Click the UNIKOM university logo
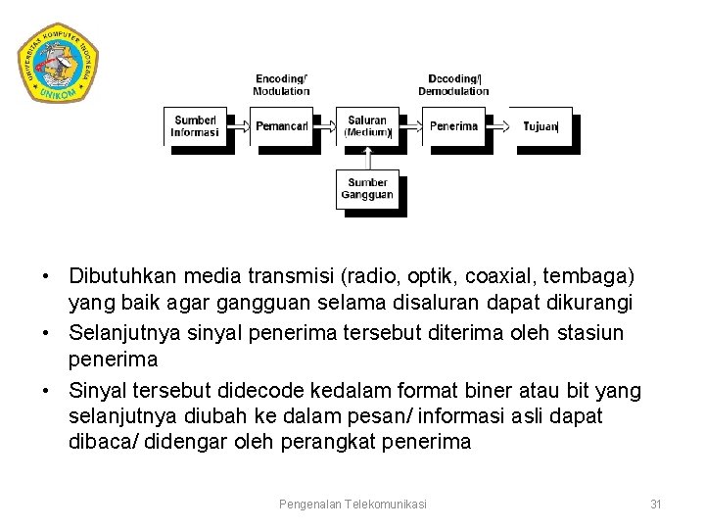[x=59, y=62]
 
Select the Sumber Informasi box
[x=195, y=126]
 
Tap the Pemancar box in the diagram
[x=281, y=126]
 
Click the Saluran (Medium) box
[x=367, y=126]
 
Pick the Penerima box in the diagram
[x=453, y=126]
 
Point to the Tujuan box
[x=540, y=126]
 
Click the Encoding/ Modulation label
[x=281, y=85]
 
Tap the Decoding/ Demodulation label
[x=453, y=85]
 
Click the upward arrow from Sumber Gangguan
[x=367, y=158]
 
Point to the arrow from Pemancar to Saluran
[x=325, y=125]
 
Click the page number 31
[x=656, y=504]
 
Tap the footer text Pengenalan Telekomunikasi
[x=352, y=504]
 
